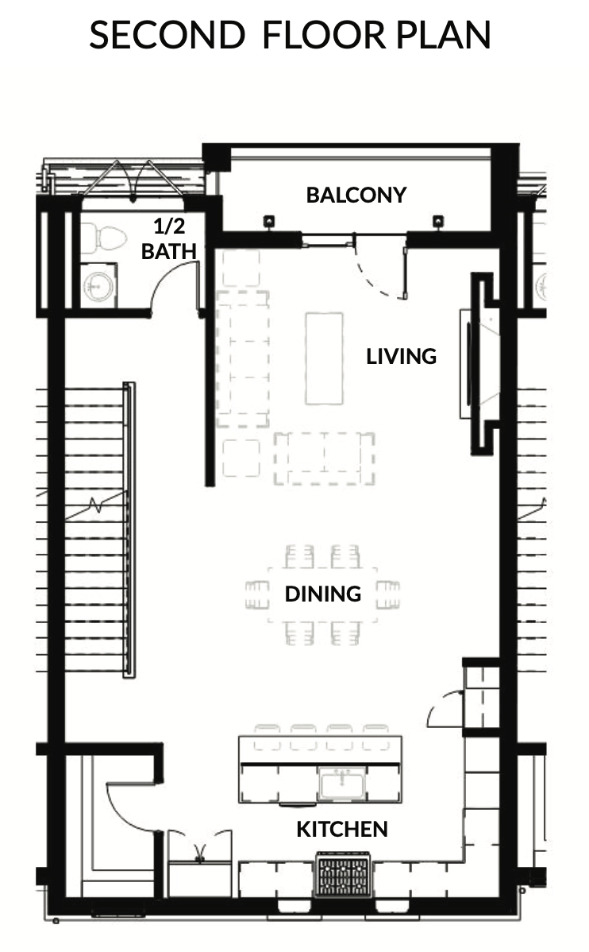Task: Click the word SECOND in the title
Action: (167, 35)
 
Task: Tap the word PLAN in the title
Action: (444, 35)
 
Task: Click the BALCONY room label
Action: (356, 195)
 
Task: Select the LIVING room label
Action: (401, 356)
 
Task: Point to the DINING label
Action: (323, 593)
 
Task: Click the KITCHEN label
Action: (342, 829)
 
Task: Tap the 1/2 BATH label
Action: (168, 238)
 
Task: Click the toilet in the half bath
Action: (103, 238)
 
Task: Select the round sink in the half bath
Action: (98, 285)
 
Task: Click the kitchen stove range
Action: (343, 874)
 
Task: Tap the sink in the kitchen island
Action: (343, 784)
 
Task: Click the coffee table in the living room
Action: (325, 358)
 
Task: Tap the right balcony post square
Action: (437, 222)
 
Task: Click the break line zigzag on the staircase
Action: (96, 505)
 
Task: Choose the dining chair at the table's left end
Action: (257, 594)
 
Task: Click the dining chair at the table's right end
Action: (388, 594)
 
